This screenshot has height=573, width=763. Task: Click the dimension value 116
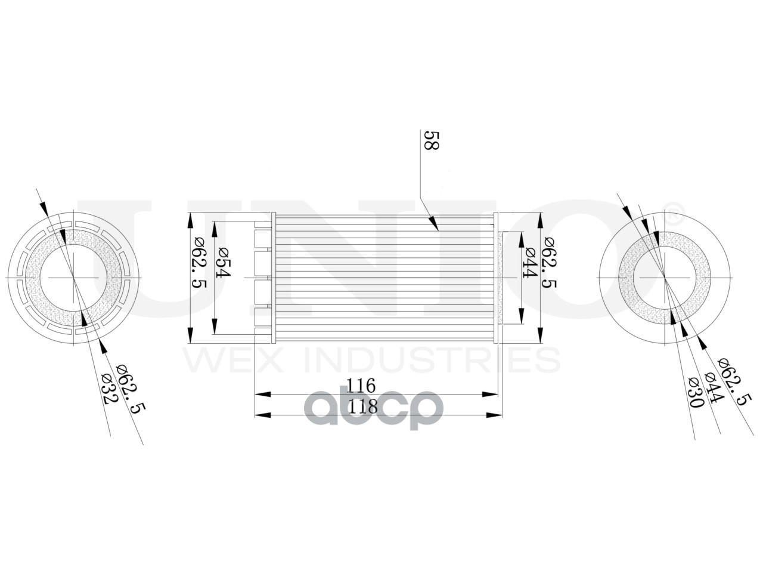(x=362, y=386)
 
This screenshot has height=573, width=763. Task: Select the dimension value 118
(x=362, y=406)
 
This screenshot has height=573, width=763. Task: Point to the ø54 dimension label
(x=223, y=263)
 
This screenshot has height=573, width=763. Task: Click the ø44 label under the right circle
(x=712, y=387)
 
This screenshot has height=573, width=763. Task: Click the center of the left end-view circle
(x=74, y=278)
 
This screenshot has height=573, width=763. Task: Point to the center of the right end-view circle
(x=665, y=278)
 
